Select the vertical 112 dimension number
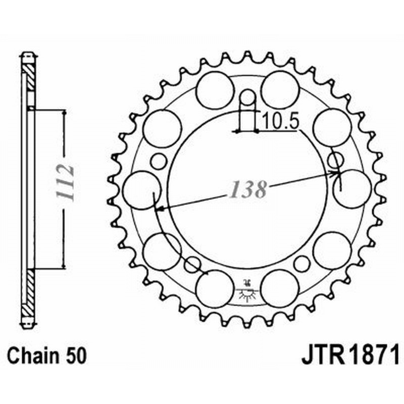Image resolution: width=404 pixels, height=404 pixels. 66,183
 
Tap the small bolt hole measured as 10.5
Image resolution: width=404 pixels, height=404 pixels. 247,97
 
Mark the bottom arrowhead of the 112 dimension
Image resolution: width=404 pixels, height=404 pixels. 64,265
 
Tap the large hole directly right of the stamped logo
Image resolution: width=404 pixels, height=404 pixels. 280,288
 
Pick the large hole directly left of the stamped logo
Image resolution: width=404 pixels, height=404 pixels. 215,288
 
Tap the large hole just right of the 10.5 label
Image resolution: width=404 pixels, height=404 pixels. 332,127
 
